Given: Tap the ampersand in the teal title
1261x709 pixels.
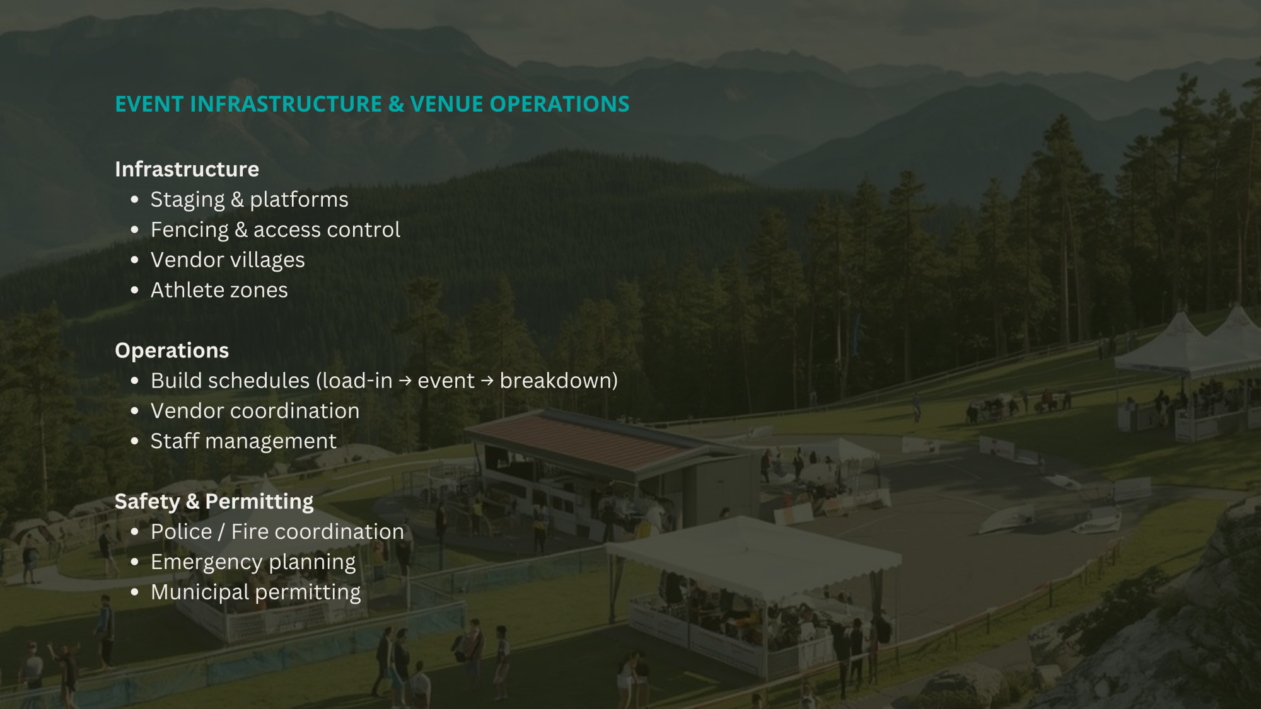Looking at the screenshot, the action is point(397,104).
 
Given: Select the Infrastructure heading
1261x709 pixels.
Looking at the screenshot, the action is point(187,169).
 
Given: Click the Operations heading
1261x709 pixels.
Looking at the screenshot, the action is point(172,350).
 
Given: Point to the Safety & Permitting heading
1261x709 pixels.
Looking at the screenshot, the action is point(214,502).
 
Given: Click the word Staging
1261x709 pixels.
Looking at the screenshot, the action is point(188,200).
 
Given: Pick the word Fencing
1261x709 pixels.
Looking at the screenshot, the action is point(190,230).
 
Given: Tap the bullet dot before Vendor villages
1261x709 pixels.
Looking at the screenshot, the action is point(134,260).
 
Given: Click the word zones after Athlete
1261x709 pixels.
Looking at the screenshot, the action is point(259,291).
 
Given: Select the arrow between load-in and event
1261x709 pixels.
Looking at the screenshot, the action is point(405,381).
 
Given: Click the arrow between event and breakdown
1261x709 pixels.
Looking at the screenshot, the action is point(487,381).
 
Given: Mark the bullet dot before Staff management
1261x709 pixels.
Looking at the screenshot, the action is point(134,441).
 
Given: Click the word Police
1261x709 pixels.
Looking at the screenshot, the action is point(182,532).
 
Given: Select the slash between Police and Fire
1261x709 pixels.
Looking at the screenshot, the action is point(221,532).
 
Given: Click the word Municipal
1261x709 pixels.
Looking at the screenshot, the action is point(200,592).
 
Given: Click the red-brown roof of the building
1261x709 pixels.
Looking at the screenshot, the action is point(583,440).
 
